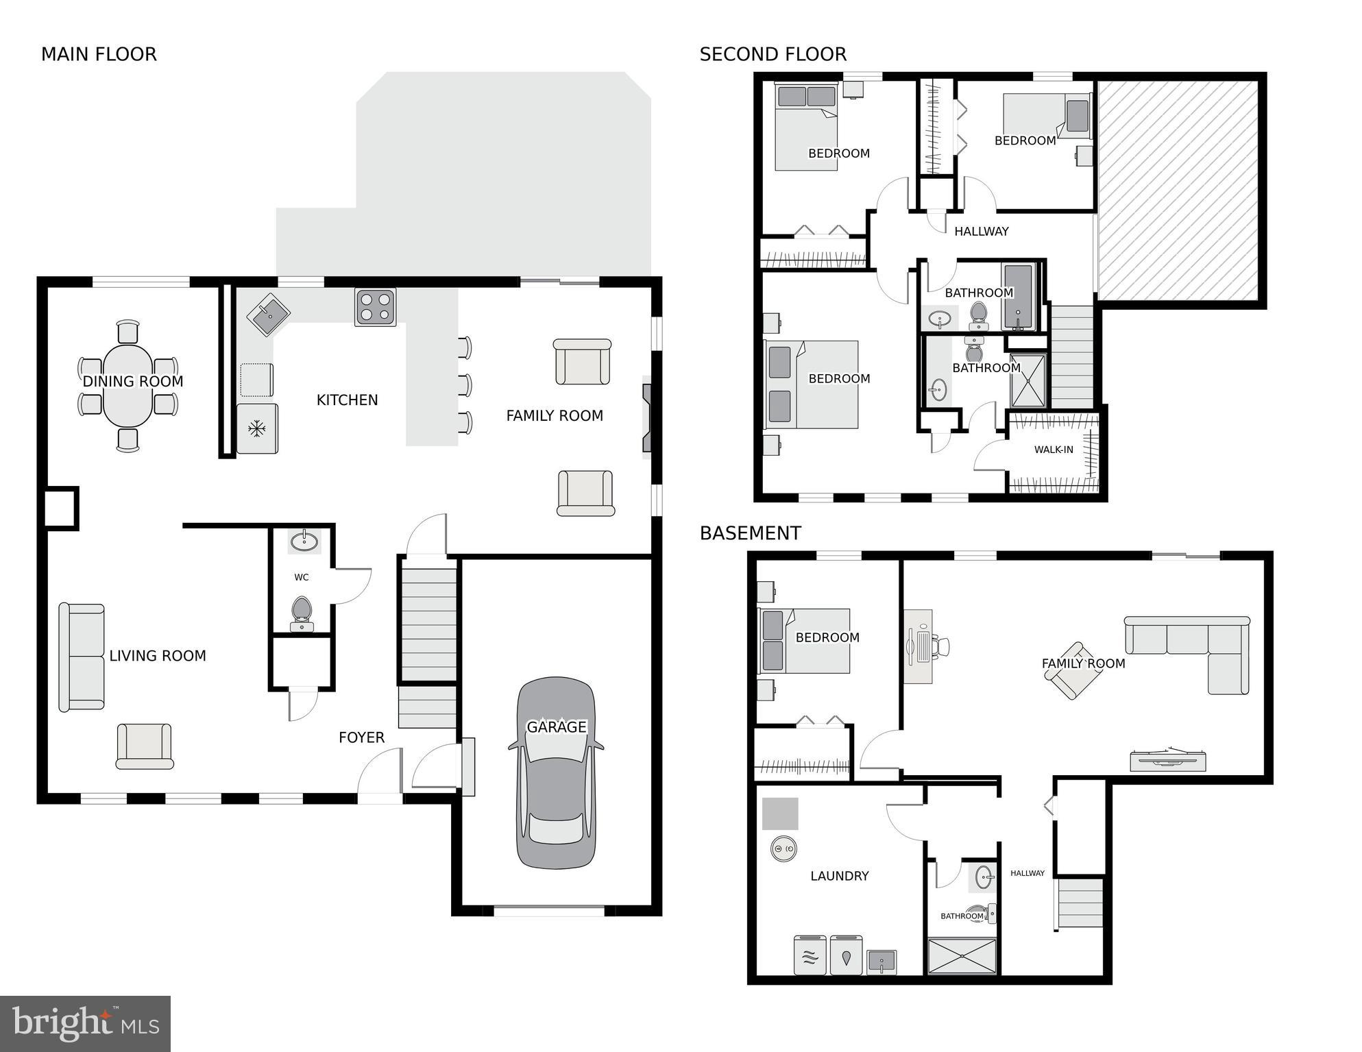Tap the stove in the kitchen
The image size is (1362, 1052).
point(375,306)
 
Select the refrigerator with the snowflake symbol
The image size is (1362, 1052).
point(257,429)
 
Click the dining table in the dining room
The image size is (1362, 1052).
point(128,385)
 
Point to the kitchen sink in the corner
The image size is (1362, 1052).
point(268,315)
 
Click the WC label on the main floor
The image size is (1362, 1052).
point(302,577)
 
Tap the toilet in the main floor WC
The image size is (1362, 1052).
point(302,612)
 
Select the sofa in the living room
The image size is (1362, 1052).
point(81,657)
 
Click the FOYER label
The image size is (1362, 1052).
point(361,737)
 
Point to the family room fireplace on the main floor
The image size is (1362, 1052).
point(646,417)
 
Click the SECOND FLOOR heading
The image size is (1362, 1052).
point(773,54)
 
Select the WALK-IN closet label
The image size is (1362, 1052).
point(1054,450)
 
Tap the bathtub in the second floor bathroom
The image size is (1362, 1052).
point(1017,296)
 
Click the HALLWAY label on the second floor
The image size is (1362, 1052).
point(981,232)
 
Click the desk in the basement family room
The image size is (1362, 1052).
point(919,646)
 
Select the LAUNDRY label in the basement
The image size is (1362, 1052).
point(839,876)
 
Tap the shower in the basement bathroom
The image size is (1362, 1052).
point(961,955)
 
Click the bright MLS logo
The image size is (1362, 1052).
point(85,1023)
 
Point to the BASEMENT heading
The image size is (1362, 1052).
point(750,533)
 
